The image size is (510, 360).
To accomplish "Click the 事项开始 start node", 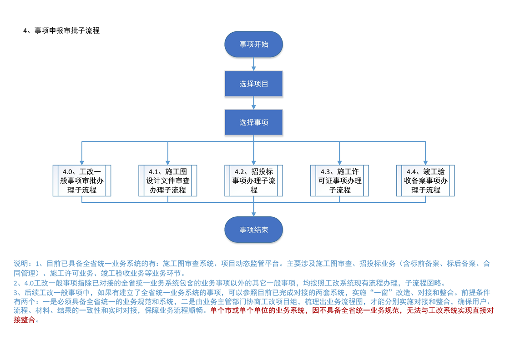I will click(x=253, y=44).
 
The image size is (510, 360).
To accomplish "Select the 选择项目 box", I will click(x=253, y=84).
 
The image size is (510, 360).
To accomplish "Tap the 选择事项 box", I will click(x=253, y=122).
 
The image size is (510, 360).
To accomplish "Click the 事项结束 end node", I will click(x=253, y=230).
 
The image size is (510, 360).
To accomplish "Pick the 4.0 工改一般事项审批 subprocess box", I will click(x=82, y=180).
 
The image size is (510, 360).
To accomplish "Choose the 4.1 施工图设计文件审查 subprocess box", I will click(x=167, y=180).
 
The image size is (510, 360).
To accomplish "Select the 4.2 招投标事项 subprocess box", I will click(x=253, y=180).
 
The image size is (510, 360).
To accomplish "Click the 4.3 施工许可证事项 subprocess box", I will click(x=339, y=180).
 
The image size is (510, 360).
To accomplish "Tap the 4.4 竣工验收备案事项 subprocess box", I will click(x=425, y=180).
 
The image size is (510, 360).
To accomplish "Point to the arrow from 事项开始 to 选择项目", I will click(x=253, y=64).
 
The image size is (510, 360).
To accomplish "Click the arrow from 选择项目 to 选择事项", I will click(x=253, y=103).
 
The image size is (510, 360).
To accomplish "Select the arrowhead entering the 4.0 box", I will click(x=82, y=162).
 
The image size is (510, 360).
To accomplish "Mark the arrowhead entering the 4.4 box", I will click(x=425, y=162).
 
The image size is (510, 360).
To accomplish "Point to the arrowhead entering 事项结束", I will click(x=253, y=214).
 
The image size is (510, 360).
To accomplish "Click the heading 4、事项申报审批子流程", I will click(x=61, y=31).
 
